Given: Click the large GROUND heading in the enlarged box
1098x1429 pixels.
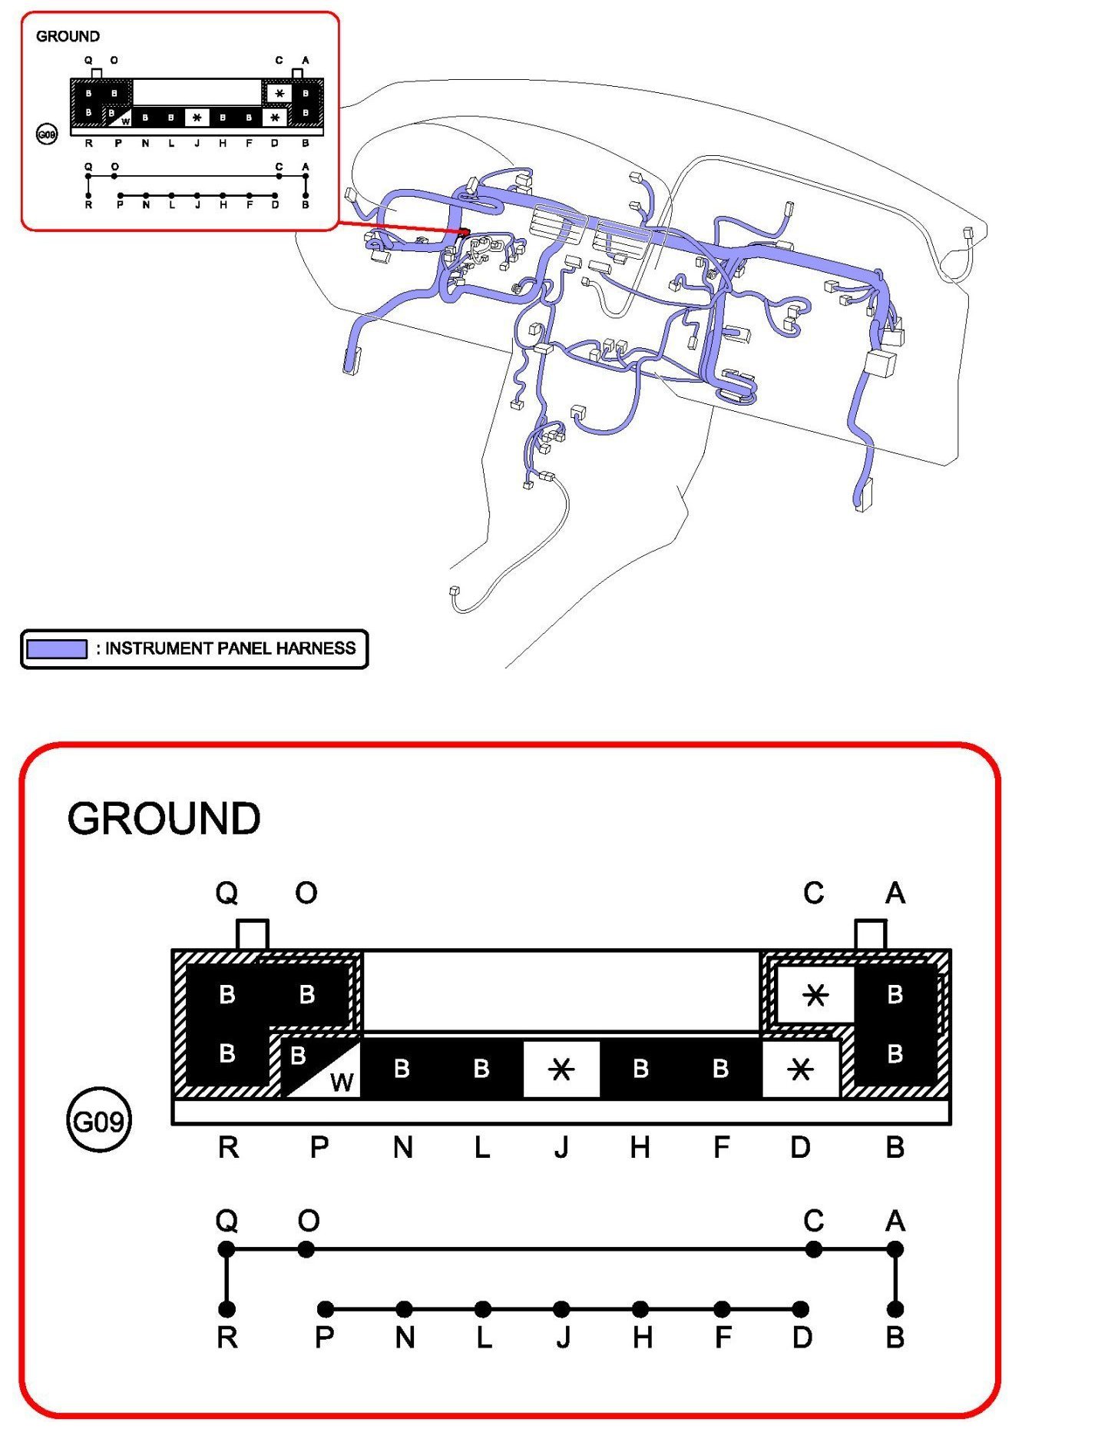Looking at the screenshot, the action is tap(164, 819).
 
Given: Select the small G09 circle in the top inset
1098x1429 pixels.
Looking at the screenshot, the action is tap(47, 135).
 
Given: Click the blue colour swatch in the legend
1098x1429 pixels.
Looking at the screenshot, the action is tap(56, 649).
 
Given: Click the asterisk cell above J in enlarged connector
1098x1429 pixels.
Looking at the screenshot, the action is tap(561, 1069).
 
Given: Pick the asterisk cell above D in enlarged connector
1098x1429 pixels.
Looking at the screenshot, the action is tap(800, 1069).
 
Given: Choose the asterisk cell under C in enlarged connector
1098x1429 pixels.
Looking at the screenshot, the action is tap(815, 995).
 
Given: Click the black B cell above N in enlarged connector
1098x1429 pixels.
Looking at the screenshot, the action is tap(402, 1069).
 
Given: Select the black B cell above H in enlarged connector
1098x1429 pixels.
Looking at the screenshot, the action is tap(640, 1069).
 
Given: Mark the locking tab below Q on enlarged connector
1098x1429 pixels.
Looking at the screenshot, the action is tap(252, 934).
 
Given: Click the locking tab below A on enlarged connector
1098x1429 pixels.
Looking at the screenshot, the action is tap(871, 934).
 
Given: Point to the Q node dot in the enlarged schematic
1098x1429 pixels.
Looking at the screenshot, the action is tap(227, 1249).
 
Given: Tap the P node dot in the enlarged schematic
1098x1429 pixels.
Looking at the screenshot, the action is tap(326, 1308).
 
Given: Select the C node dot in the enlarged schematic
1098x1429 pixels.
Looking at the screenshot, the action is tap(814, 1249).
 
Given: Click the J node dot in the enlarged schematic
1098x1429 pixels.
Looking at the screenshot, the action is tap(561, 1308).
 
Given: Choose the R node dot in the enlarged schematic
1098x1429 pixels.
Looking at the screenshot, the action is tap(227, 1308).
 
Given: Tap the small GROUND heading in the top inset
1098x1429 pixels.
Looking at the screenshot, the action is tap(68, 36).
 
